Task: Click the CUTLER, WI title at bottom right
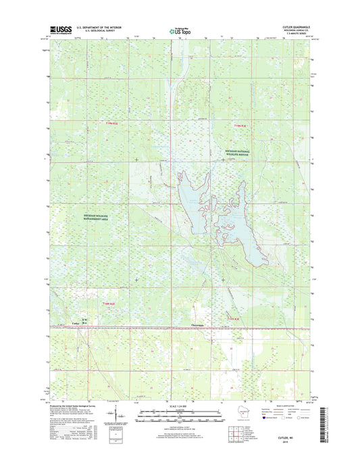(x=292, y=437)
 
